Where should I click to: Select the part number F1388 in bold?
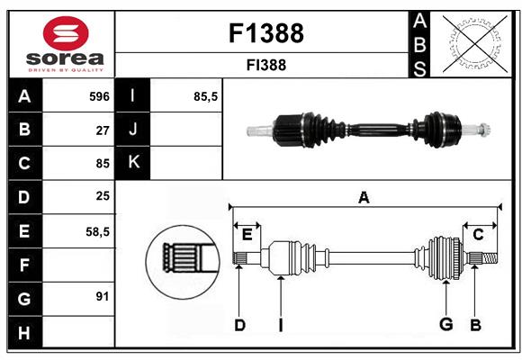tap(266, 33)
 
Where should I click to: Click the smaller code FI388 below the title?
tap(266, 65)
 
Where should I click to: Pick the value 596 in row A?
tap(99, 95)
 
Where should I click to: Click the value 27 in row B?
tap(103, 130)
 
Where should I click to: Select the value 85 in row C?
tap(103, 164)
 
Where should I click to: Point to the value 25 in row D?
tap(103, 197)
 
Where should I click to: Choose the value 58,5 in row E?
tap(97, 231)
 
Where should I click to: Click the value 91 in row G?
tap(103, 296)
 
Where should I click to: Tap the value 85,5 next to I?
tap(206, 95)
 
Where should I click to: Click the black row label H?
tap(24, 332)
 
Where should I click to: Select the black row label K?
tap(134, 163)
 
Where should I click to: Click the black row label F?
tap(24, 265)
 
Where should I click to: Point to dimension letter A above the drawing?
tap(364, 198)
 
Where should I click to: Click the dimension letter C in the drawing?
tap(478, 235)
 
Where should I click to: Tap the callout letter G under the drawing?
tap(445, 325)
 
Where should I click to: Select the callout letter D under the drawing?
tap(239, 325)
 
